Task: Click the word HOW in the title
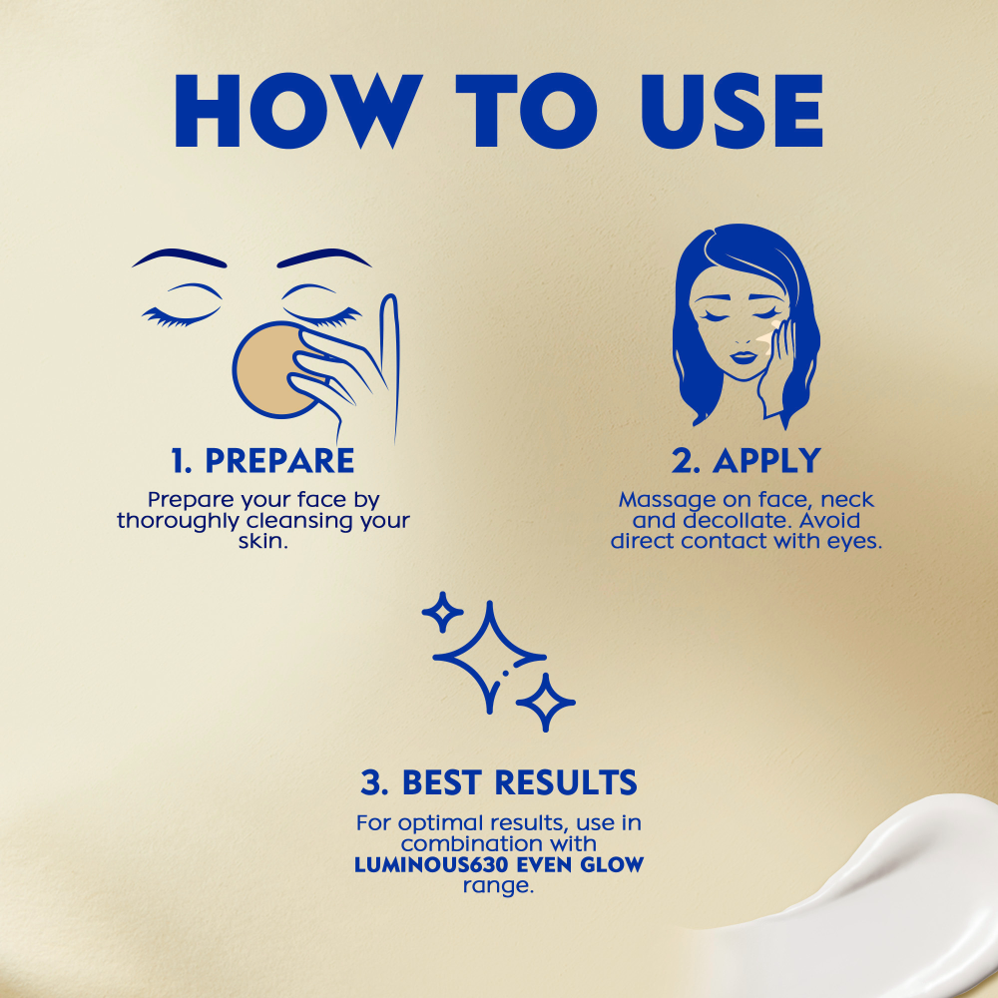[x=297, y=111]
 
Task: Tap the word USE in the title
[x=732, y=111]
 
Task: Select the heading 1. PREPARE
[x=262, y=460]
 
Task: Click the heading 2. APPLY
[x=746, y=460]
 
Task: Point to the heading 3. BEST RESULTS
[x=499, y=782]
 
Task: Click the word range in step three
[x=497, y=886]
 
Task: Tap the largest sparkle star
[x=489, y=657]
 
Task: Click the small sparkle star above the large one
[x=442, y=612]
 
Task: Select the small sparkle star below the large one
[x=546, y=702]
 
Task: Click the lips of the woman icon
[x=743, y=357]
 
